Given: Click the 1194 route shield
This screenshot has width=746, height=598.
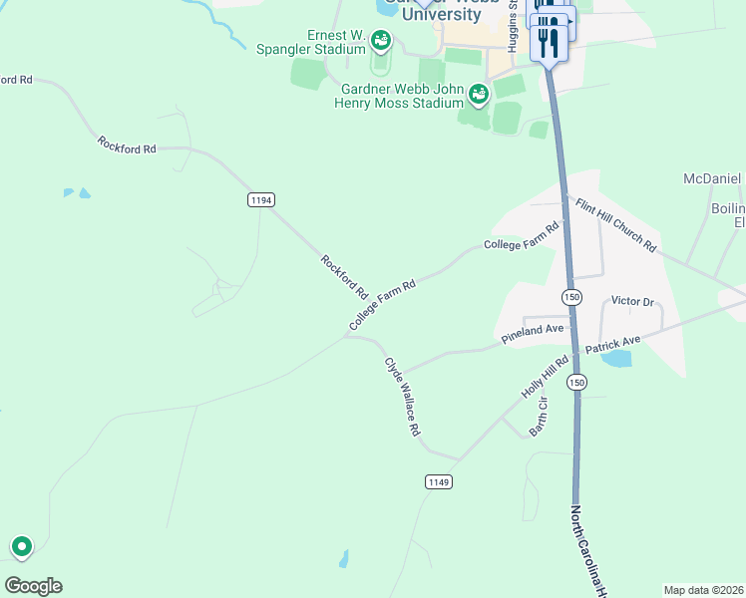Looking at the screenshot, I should (x=260, y=200).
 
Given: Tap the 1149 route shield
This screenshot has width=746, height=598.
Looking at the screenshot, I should (x=439, y=482).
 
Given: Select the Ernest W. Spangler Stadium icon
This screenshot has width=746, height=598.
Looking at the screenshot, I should (x=380, y=41).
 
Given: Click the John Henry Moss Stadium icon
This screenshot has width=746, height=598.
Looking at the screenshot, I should (x=478, y=95).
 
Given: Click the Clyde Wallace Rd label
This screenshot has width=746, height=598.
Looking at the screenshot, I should (x=403, y=397).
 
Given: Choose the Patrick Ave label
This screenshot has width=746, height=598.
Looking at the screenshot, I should (x=612, y=345).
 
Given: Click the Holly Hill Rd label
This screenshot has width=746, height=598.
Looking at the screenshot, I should (x=545, y=377).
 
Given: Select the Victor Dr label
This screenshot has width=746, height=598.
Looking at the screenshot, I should (x=631, y=301).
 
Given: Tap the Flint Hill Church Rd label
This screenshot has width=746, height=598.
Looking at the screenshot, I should (x=615, y=224).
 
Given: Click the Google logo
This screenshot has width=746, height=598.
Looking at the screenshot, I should (x=33, y=586).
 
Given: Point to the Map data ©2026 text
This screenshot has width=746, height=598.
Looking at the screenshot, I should (x=704, y=589).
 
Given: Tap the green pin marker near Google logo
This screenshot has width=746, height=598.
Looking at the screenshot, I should (x=21, y=546).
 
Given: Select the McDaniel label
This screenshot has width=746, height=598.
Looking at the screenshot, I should (x=712, y=178).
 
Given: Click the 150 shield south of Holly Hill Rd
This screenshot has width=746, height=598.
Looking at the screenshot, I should (x=576, y=383).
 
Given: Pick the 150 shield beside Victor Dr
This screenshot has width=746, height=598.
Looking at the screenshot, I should (x=570, y=297).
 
